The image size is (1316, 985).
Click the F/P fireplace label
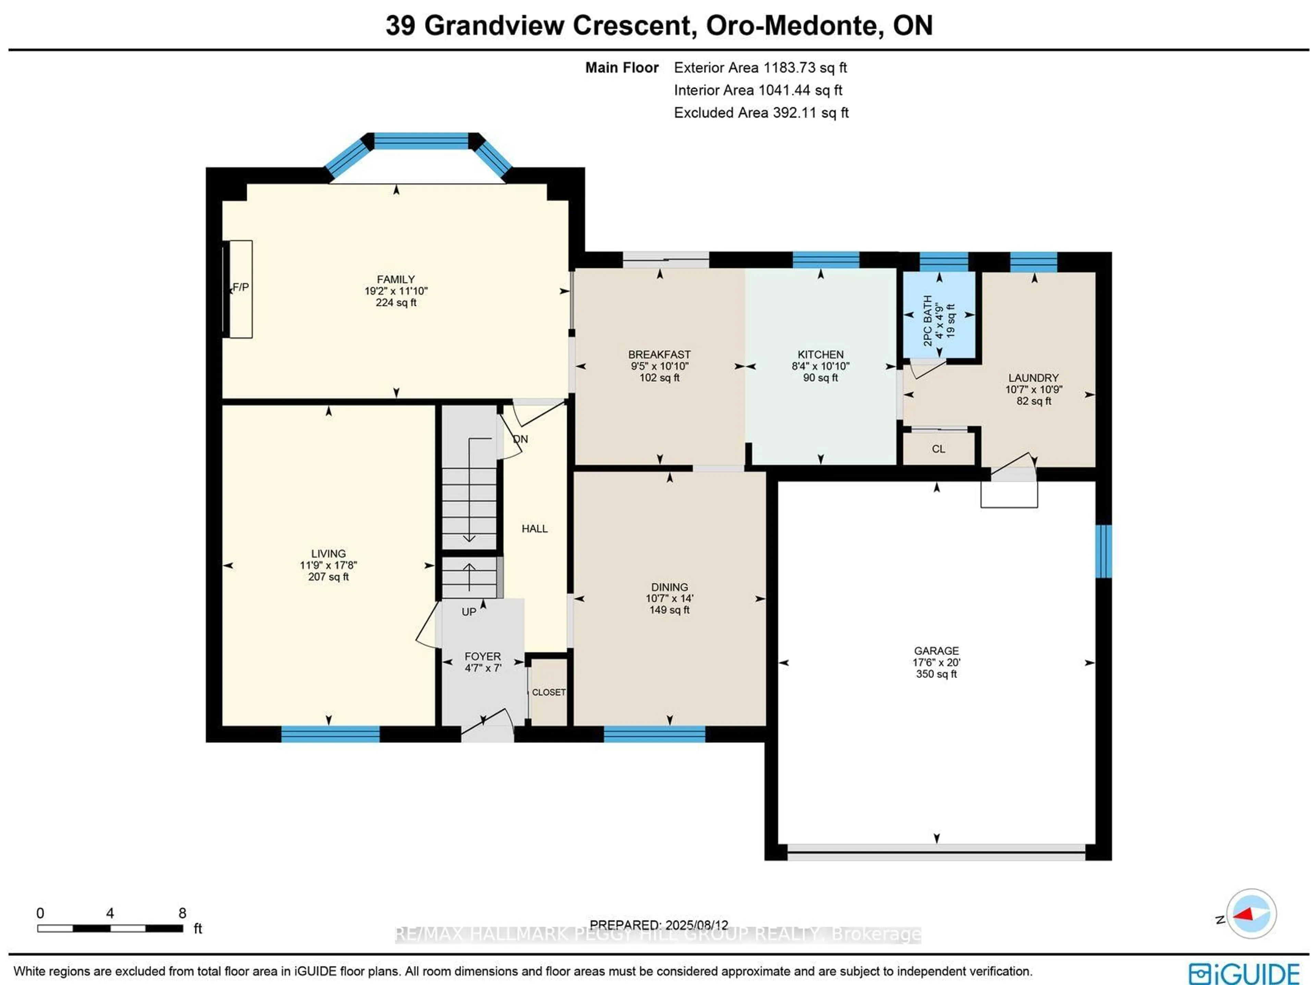coord(240,287)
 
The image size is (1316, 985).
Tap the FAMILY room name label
coord(395,279)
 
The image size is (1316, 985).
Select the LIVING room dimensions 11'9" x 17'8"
coord(328,565)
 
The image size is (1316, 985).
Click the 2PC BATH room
coord(939,315)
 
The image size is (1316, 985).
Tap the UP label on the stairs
coord(469,612)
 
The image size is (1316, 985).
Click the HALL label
coord(534,529)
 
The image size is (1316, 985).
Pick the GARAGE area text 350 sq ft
coord(936,674)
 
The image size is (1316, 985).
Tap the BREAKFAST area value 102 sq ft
coord(659,378)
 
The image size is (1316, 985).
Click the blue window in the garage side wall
coord(1103,551)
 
